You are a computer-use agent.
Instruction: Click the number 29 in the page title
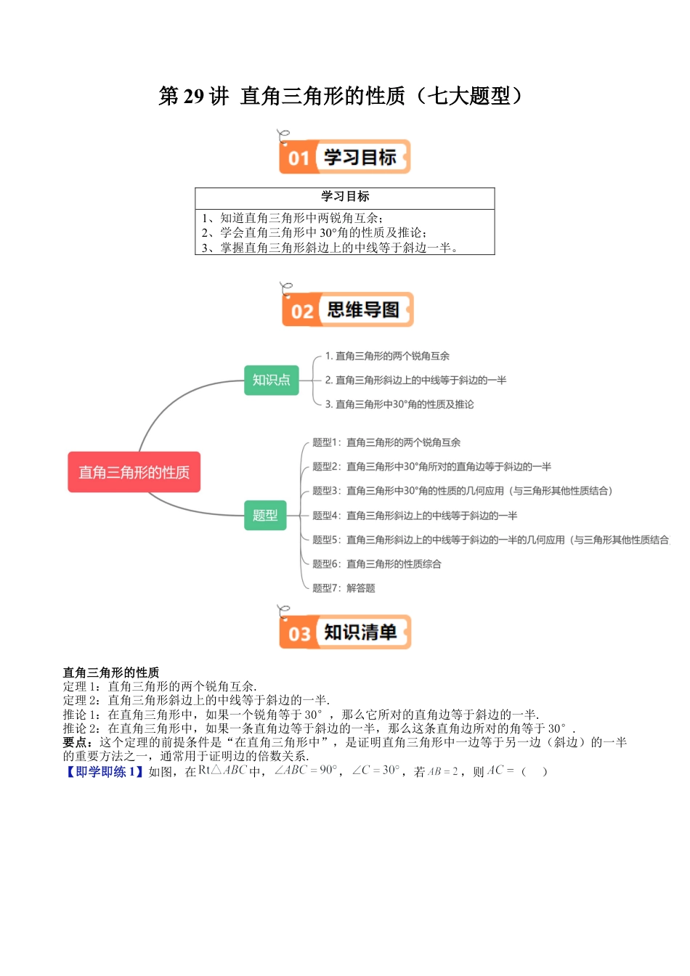193,96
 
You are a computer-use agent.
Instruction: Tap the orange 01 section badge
299,158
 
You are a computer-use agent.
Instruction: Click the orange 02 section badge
301,311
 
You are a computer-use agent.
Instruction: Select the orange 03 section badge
299,633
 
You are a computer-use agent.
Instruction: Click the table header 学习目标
345,196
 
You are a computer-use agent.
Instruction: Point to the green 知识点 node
271,380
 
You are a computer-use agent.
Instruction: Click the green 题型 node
265,515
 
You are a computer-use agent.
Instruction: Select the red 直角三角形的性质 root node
134,472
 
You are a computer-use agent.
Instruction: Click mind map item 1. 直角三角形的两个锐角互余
387,356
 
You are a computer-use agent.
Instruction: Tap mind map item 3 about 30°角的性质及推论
399,404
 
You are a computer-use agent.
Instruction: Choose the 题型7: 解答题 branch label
344,588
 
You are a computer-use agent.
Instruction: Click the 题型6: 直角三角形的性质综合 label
376,564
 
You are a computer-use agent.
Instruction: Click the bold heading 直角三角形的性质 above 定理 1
111,672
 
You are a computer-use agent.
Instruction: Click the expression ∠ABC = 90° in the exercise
306,770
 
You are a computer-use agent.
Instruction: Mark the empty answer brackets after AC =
534,771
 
